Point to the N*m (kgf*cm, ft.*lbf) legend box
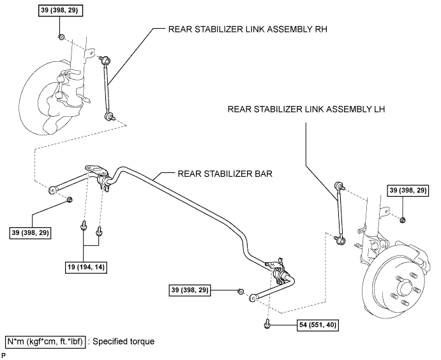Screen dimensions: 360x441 coord(45,341)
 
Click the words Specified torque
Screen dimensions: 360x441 coord(124,341)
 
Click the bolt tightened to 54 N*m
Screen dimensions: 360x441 coord(267,325)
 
